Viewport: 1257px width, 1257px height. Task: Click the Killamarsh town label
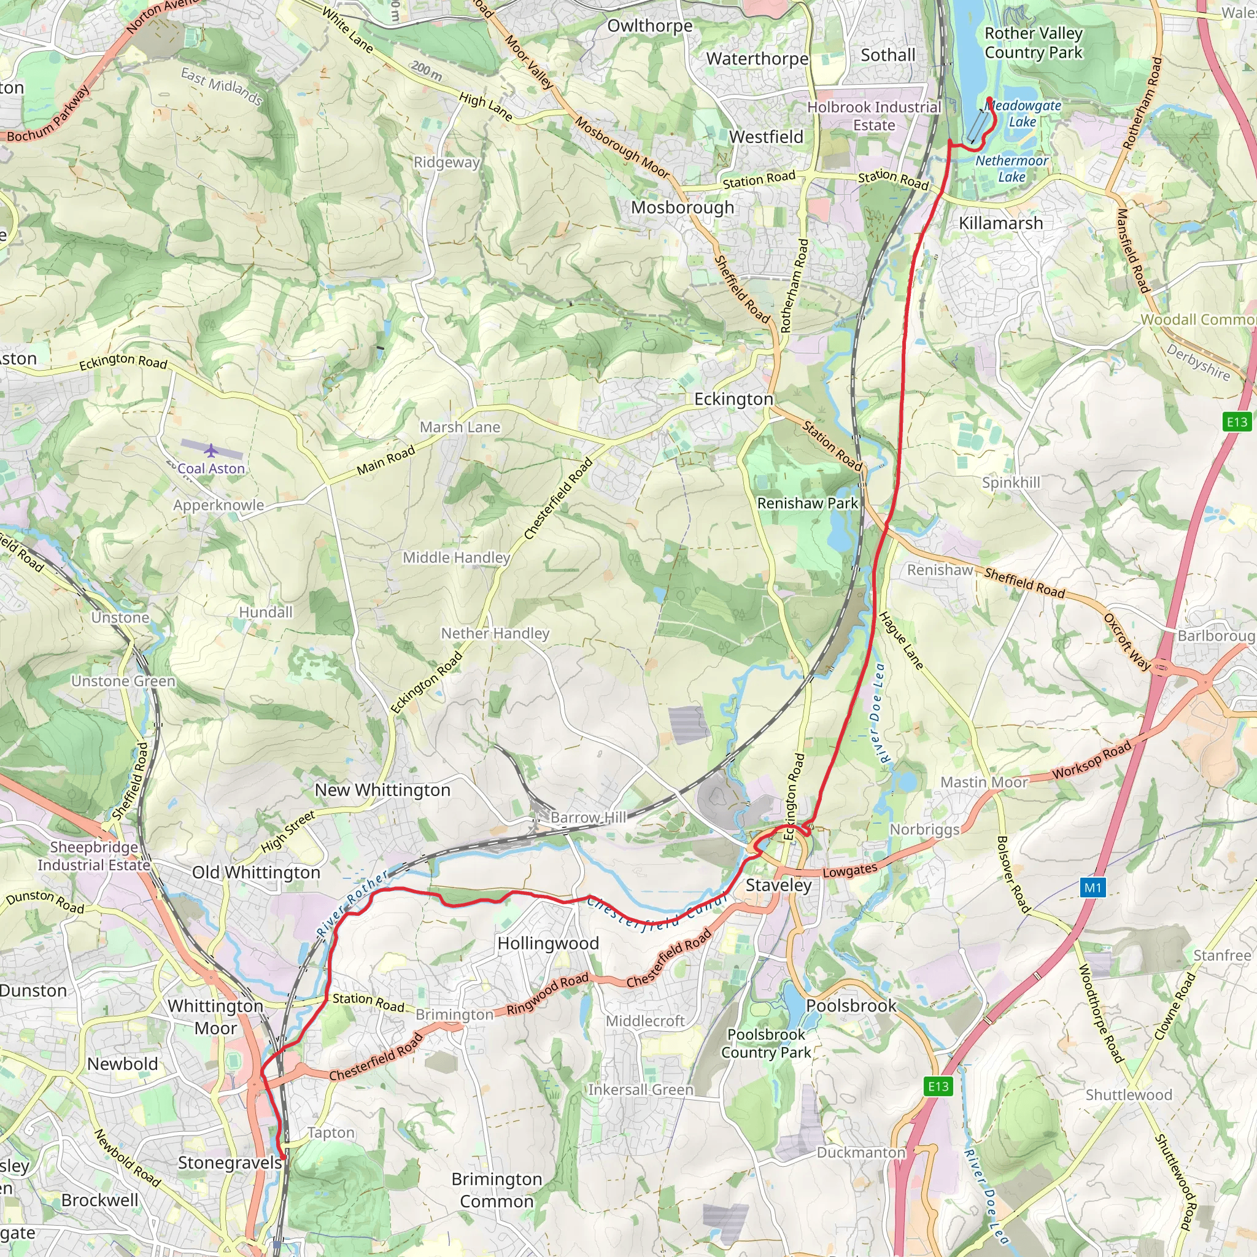pos(1000,223)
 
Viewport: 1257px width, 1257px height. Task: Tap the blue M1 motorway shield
pos(1093,888)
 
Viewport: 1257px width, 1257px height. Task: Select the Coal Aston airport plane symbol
pos(211,451)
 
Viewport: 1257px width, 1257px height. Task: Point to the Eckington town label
pos(733,399)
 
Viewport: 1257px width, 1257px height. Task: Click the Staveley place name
pos(778,885)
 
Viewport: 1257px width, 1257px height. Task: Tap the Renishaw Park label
pos(808,503)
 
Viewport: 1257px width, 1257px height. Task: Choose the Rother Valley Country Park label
pos(1033,42)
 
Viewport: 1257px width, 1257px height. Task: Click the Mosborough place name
pos(683,207)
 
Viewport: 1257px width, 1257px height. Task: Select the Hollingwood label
pos(548,943)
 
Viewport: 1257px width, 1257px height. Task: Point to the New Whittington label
pos(382,790)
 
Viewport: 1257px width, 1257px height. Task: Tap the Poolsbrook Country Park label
pos(766,1043)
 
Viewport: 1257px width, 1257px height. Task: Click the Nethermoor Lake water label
pos(1011,169)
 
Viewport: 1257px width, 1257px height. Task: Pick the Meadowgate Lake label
pos(1023,113)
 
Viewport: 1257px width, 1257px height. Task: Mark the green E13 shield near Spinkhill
pos(1237,422)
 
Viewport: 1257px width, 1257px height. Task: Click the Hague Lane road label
pos(901,641)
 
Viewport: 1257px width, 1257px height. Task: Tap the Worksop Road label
pos(1092,760)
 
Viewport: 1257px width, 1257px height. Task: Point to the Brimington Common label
pos(497,1190)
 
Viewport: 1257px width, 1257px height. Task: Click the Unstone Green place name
pos(123,681)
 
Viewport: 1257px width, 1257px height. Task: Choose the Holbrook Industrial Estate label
pos(874,116)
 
